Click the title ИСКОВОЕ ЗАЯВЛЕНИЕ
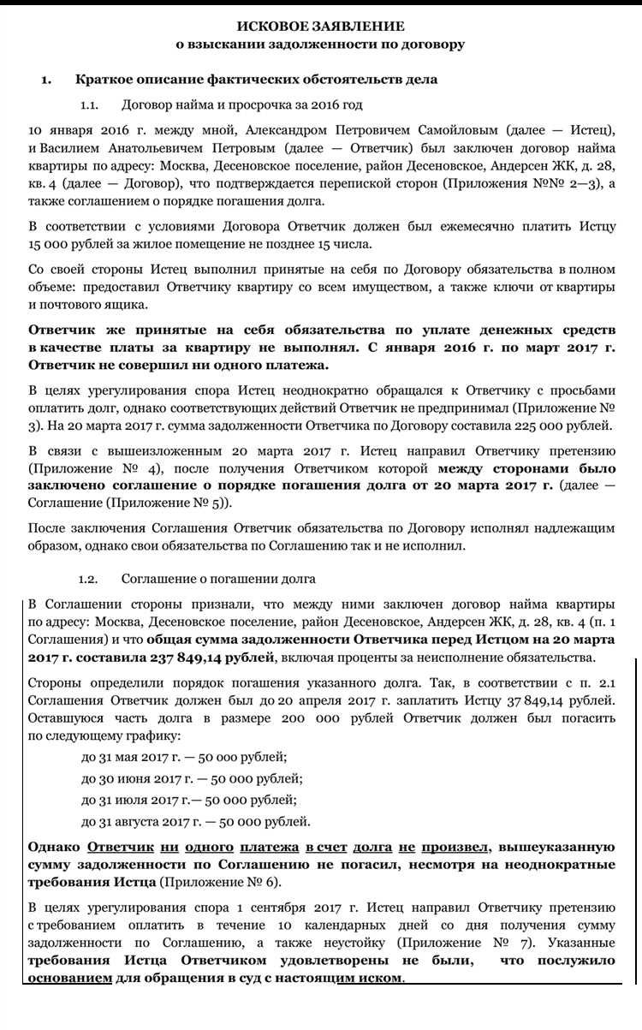(x=320, y=27)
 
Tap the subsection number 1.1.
(x=90, y=105)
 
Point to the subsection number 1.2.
(x=90, y=579)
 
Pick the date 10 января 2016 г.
(x=78, y=130)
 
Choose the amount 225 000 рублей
(x=560, y=426)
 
